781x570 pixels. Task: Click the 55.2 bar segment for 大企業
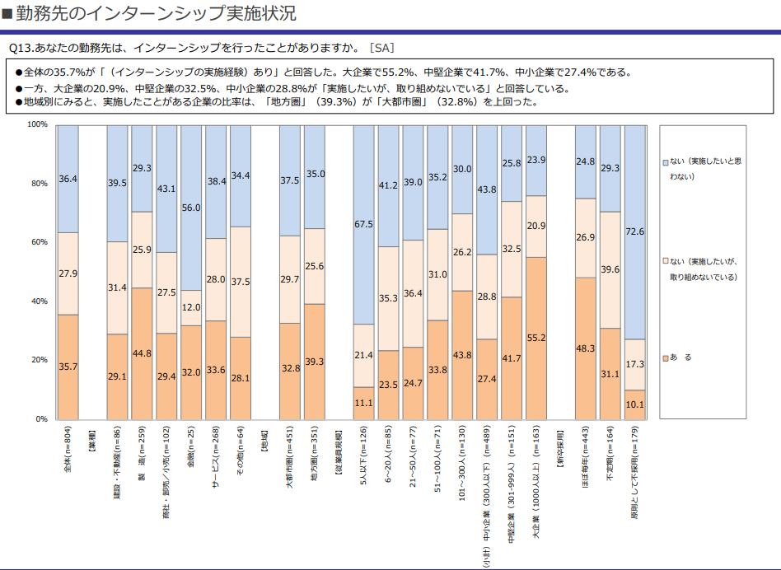[536, 338]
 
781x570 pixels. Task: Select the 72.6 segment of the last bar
[635, 231]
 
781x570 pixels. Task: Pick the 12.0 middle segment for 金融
[191, 307]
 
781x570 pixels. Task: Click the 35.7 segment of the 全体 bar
[68, 367]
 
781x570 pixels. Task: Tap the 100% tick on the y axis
[38, 124]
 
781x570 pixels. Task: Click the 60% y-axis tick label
[40, 242]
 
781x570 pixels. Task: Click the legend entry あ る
[680, 357]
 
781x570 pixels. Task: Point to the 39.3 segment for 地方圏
[314, 361]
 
